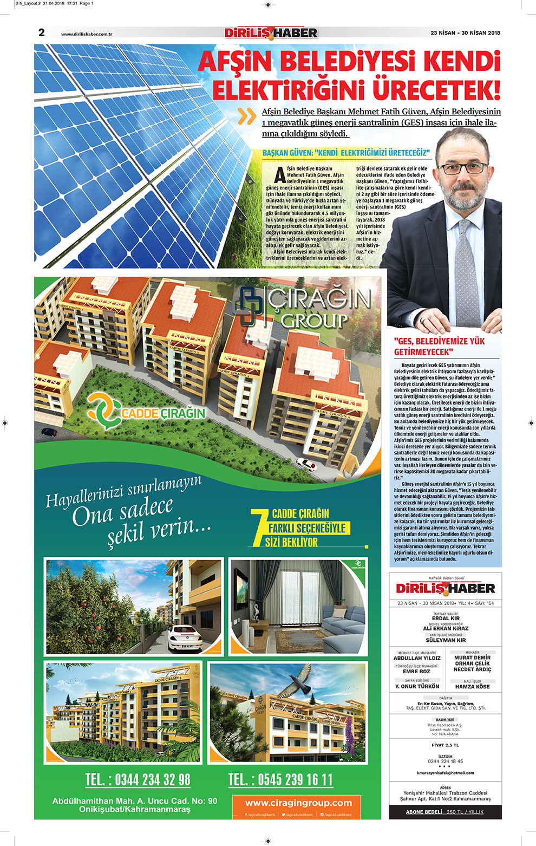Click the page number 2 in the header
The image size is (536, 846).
42,32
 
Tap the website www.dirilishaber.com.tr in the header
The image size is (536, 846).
87,34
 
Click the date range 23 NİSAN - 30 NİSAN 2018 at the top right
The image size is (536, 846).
465,33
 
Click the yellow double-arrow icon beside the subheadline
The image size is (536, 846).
247,116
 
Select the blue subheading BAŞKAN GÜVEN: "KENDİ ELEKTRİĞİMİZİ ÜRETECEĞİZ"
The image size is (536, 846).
345,153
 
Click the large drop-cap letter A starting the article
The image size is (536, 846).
279,175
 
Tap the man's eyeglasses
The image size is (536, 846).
463,168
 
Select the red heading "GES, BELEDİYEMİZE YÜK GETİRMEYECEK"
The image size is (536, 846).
439,347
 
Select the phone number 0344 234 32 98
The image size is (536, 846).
138,780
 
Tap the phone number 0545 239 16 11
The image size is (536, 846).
280,780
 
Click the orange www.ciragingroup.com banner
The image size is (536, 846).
298,803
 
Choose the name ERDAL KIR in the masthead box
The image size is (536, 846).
446,618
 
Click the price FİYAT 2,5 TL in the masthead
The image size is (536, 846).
445,745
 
